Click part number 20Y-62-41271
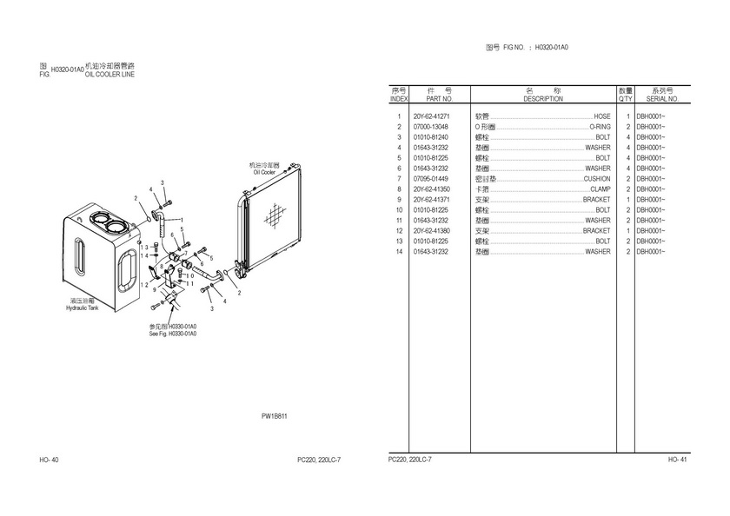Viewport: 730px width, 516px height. (431, 116)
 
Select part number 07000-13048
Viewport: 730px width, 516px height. (431, 127)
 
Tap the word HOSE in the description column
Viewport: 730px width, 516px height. (601, 116)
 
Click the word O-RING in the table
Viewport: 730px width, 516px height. (600, 127)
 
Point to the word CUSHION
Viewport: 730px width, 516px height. (597, 179)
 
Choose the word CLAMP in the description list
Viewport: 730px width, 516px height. (600, 189)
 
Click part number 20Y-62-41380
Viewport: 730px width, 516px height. (431, 231)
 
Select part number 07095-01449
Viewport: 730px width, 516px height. (431, 179)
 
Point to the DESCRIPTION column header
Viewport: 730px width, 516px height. (543, 99)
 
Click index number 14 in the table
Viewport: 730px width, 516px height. (399, 252)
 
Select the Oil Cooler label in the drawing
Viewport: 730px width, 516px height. (264, 172)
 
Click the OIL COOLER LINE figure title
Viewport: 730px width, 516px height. (109, 75)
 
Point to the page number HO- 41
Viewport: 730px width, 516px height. (678, 459)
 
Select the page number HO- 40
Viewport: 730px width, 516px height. (50, 459)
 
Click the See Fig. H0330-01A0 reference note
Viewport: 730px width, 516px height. (173, 334)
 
